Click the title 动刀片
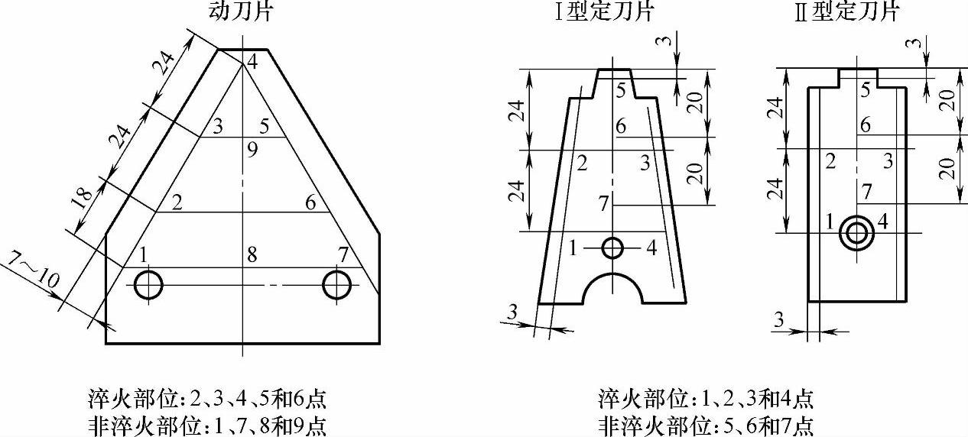242,11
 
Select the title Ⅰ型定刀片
604,11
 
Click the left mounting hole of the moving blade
148,285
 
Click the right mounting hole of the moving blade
337,285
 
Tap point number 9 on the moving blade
252,151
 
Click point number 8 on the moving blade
252,255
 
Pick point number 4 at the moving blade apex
252,64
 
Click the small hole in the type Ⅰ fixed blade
612,248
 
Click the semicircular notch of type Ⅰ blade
612,289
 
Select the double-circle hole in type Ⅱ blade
855,232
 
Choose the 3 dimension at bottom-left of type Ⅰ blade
512,311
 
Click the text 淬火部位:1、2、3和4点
705,399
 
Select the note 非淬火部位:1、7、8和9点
207,424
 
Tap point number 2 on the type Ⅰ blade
582,162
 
